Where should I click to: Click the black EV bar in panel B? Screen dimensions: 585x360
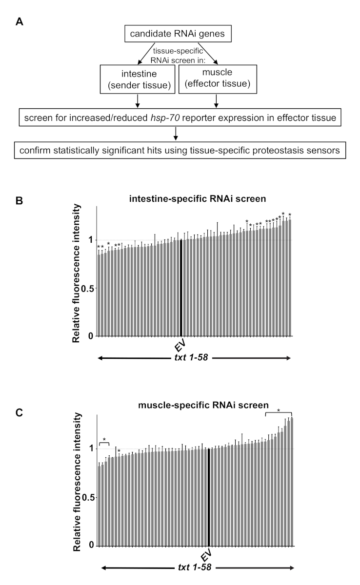[x=181, y=288]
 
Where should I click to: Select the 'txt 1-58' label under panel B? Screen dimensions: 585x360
[x=194, y=358]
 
